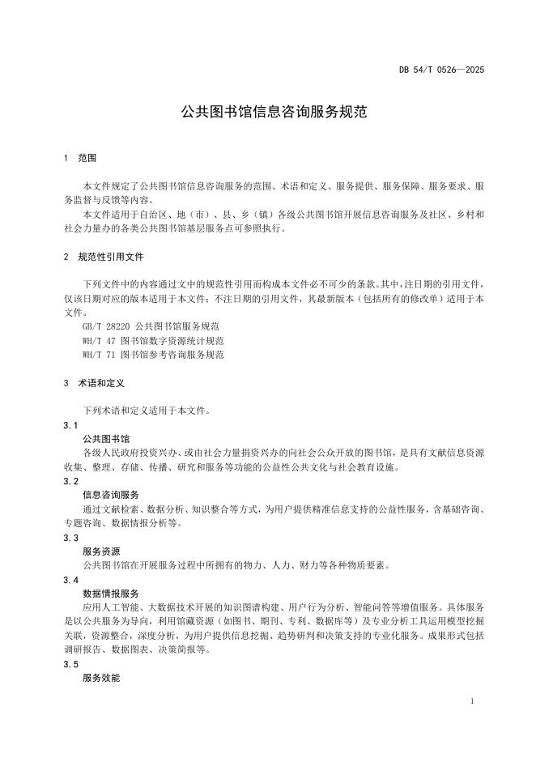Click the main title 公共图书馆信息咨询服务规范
click(274, 112)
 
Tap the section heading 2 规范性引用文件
click(103, 256)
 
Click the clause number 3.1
click(70, 424)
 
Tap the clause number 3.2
click(70, 481)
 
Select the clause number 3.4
click(70, 580)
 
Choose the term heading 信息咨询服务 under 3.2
click(111, 495)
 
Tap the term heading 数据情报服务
click(111, 594)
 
